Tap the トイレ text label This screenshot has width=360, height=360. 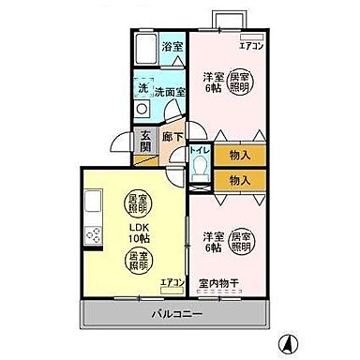pyautogui.click(x=199, y=150)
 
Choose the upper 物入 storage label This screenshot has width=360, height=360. pyautogui.click(x=238, y=152)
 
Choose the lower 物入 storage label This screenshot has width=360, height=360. pyautogui.click(x=238, y=177)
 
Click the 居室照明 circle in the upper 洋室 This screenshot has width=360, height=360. pyautogui.click(x=242, y=82)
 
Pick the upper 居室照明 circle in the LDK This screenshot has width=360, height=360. pyautogui.click(x=137, y=203)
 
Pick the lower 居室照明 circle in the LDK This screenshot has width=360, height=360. pyautogui.click(x=137, y=260)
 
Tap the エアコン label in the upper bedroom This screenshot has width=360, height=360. pyautogui.click(x=251, y=44)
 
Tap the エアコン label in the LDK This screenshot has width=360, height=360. pyautogui.click(x=172, y=281)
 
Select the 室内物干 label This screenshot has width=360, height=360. pyautogui.click(x=220, y=282)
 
